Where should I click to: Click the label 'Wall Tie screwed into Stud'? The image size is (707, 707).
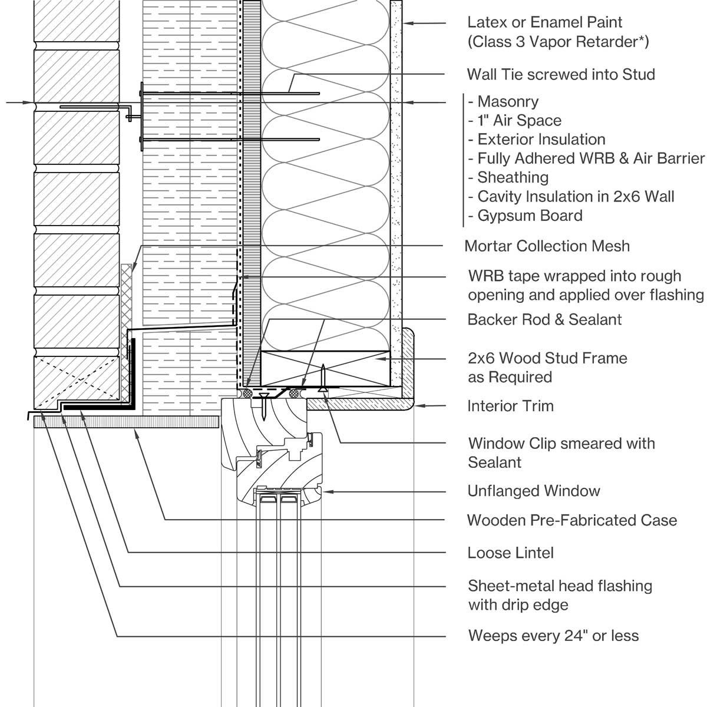(561, 74)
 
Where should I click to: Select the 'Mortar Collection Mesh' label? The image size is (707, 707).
(547, 246)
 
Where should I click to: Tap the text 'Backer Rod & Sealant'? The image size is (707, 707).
(544, 319)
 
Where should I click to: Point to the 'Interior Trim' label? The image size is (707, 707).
(510, 406)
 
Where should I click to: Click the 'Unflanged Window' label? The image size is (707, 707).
(533, 491)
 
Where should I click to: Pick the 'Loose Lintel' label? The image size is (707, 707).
(510, 553)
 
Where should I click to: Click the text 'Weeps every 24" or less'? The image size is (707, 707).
(553, 636)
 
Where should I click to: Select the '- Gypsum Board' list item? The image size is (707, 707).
(526, 216)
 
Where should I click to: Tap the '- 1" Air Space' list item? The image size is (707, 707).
(515, 120)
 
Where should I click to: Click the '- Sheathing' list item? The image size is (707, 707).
(508, 177)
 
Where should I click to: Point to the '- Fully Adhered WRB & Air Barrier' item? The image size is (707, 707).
(586, 158)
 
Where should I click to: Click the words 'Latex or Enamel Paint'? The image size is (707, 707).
(544, 22)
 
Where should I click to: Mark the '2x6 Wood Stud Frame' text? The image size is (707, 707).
(547, 358)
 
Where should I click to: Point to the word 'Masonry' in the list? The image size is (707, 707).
(508, 101)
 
